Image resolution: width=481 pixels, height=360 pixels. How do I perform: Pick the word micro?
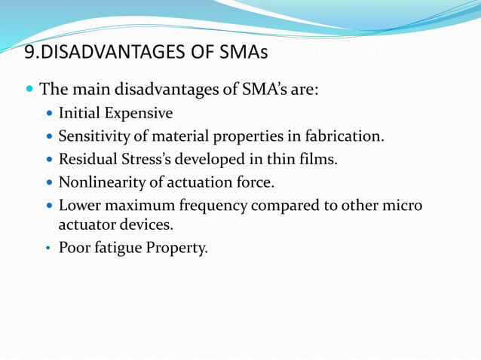403,205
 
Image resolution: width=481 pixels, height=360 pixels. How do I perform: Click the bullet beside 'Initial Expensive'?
49,114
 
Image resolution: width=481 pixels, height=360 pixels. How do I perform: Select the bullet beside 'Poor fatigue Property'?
49,247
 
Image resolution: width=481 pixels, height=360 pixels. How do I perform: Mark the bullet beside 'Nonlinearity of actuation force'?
49,182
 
